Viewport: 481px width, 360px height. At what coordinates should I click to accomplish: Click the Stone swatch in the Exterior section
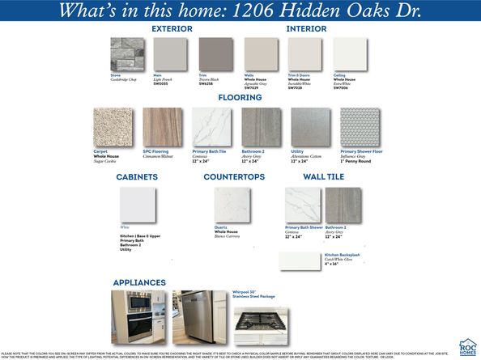(127, 54)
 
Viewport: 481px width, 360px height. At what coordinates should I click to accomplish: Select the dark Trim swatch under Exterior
(215, 54)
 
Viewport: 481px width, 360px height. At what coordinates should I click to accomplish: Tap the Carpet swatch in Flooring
(113, 127)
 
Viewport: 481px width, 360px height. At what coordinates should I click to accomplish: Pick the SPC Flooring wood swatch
(163, 127)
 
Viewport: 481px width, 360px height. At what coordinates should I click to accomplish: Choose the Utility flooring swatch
(310, 127)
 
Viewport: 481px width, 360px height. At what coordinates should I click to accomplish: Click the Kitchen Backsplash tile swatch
(300, 260)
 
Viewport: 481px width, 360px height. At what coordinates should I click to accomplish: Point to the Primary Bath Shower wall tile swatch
(303, 205)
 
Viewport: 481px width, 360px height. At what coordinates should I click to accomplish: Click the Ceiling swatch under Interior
(350, 54)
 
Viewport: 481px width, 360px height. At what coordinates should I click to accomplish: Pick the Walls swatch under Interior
(261, 54)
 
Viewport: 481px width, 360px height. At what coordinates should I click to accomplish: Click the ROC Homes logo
(467, 346)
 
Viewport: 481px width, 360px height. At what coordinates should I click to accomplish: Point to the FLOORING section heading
(239, 98)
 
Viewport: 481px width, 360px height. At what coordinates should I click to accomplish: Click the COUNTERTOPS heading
(233, 176)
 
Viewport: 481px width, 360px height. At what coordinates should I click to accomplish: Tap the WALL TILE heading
(323, 176)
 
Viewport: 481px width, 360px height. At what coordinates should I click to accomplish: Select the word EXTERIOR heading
(172, 29)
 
